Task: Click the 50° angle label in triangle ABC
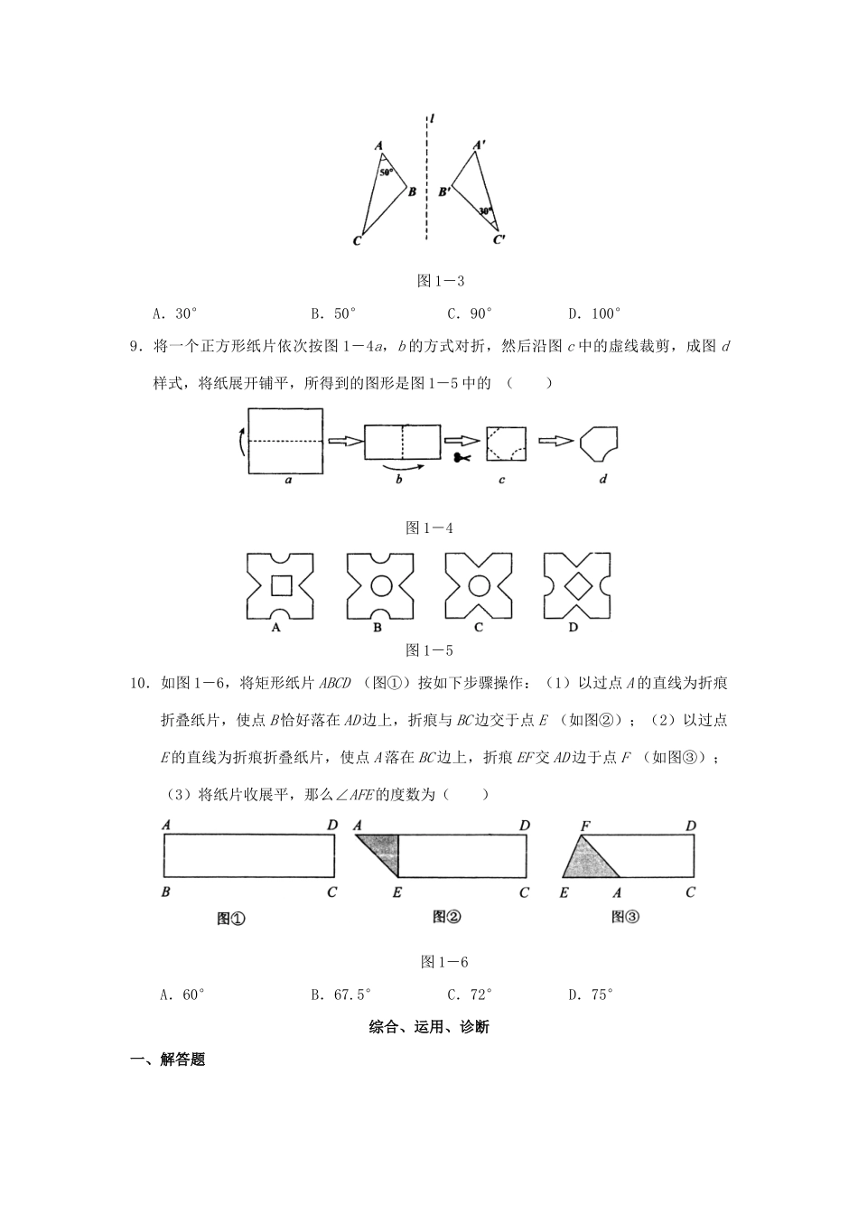coord(385,172)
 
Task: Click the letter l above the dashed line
coord(434,118)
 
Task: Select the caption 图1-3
coord(441,282)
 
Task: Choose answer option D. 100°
coord(594,314)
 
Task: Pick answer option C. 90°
coord(470,314)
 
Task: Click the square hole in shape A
coord(282,586)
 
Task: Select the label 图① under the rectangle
coord(231,919)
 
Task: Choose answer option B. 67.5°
coord(341,995)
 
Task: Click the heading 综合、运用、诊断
coord(429,1027)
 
